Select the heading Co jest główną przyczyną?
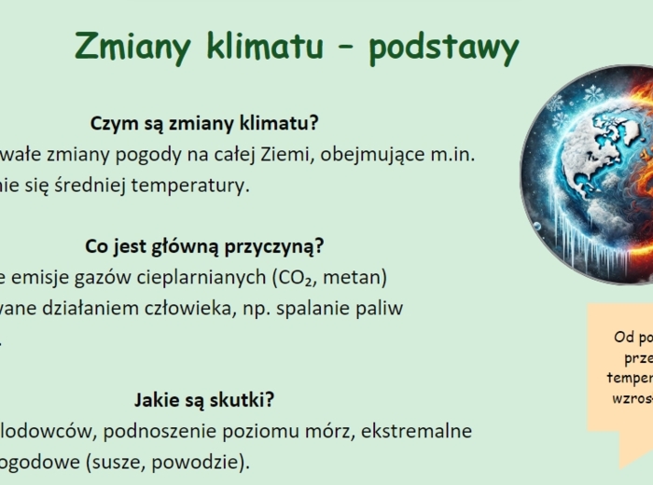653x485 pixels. point(204,246)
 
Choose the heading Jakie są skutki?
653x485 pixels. point(204,400)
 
